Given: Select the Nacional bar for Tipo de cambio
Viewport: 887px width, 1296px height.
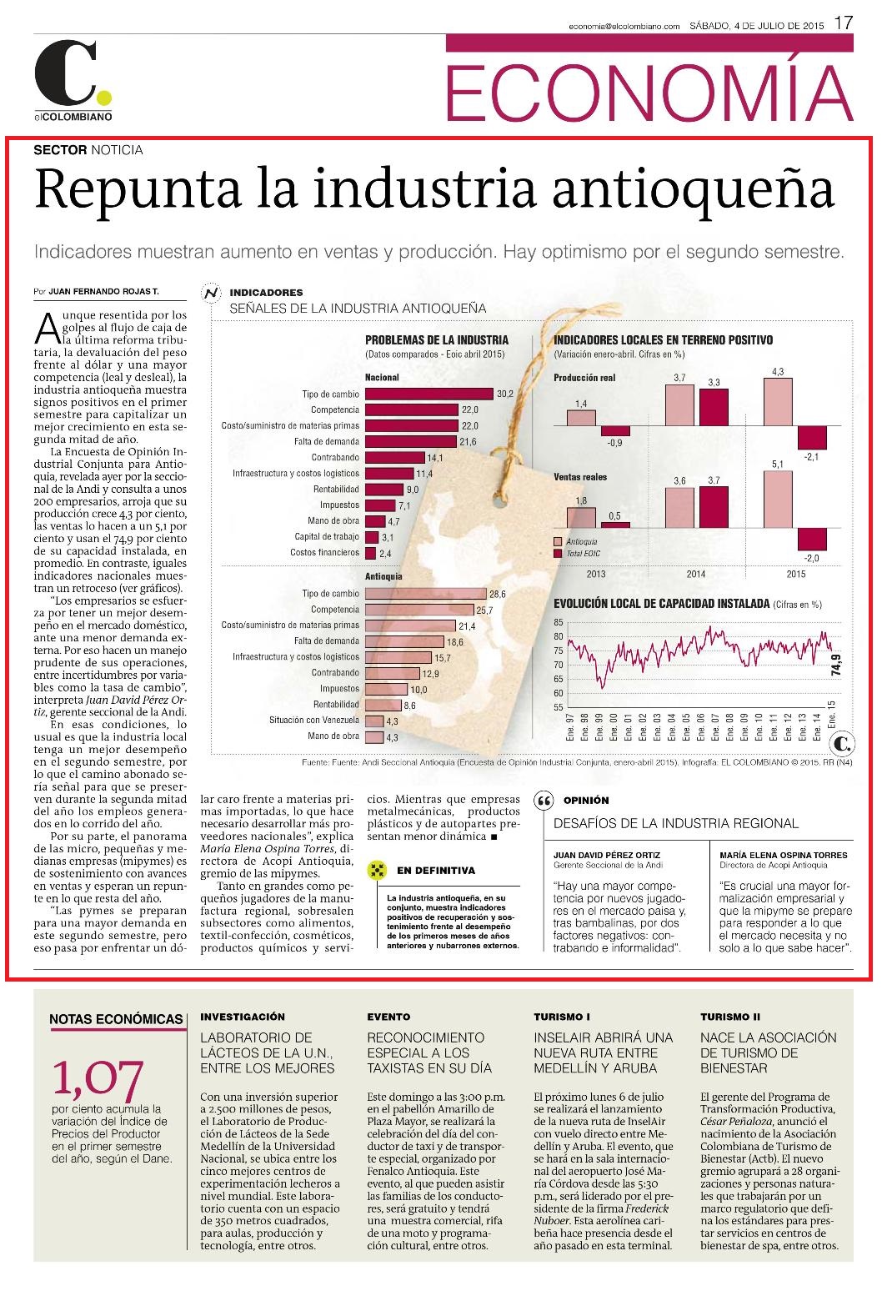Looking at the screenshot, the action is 429,394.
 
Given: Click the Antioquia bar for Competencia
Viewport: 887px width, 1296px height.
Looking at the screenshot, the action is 420,610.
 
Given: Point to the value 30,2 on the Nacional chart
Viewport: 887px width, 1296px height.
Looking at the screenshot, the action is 505,394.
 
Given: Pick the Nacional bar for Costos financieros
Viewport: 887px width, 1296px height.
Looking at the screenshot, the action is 371,553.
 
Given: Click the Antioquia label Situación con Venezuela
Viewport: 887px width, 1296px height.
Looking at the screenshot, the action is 314,721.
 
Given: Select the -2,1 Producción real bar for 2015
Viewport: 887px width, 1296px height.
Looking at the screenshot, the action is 813,437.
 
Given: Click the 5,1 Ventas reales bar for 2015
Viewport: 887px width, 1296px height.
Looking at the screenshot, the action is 778,500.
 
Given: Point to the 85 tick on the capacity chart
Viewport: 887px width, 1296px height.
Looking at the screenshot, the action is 558,622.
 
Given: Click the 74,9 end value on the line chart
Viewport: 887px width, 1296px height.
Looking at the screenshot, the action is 835,664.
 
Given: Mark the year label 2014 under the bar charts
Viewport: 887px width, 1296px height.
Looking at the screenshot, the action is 695,574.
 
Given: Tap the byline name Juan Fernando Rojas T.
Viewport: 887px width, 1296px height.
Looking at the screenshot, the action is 103,292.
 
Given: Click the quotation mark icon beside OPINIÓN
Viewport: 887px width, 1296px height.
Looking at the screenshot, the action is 544,801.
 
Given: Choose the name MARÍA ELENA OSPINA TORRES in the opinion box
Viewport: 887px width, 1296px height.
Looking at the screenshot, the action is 783,855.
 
